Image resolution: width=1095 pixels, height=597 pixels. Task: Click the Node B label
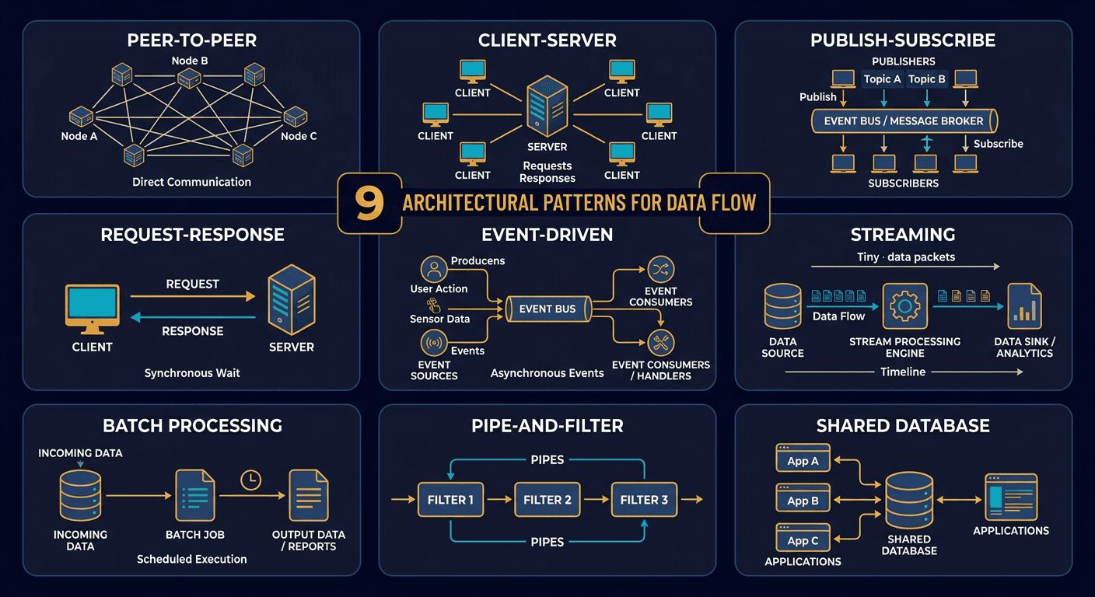point(190,61)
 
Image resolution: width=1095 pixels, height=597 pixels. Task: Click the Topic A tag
point(882,79)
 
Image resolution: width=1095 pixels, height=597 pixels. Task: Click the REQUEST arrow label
point(193,285)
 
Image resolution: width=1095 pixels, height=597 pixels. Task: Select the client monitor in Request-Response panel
point(93,309)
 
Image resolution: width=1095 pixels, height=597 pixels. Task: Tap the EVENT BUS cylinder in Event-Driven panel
point(547,309)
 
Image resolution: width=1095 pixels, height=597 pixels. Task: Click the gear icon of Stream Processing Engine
point(904,307)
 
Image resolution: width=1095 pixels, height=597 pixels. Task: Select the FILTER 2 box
point(547,500)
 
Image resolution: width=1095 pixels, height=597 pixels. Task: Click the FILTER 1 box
point(450,500)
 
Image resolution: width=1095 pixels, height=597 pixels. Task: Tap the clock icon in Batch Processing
point(250,480)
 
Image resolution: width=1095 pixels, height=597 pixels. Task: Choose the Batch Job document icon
point(194,495)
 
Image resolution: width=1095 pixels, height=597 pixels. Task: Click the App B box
point(803,501)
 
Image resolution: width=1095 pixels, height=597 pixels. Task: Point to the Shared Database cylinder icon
point(909,501)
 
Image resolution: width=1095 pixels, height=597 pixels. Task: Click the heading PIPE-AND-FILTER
point(547,426)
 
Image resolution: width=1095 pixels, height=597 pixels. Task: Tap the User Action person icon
point(433,270)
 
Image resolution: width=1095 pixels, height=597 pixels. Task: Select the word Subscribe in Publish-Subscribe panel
point(998,144)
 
